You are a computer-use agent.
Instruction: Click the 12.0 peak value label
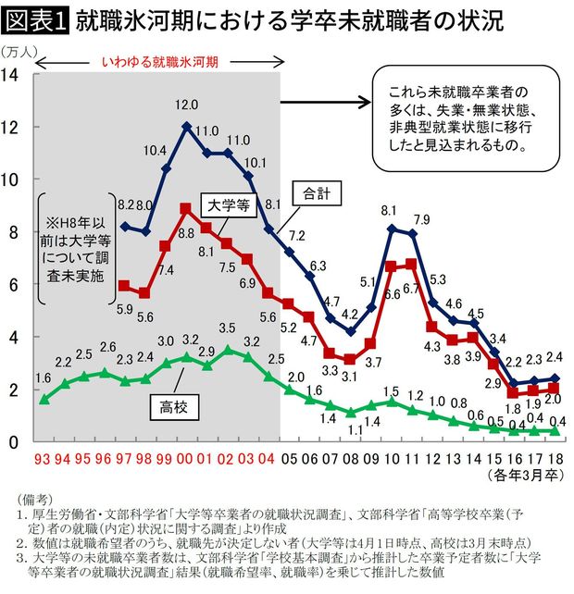click(188, 105)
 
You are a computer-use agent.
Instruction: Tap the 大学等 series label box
click(227, 206)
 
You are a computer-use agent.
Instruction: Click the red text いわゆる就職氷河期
click(159, 62)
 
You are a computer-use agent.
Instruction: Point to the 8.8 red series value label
click(187, 233)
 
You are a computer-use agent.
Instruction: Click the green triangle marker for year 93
click(44, 400)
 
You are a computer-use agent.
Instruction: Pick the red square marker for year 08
click(350, 360)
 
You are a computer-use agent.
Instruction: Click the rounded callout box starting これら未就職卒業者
click(456, 118)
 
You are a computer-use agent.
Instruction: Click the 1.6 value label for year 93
click(44, 377)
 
